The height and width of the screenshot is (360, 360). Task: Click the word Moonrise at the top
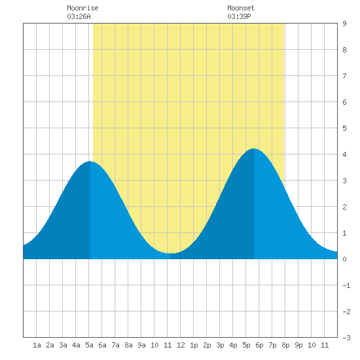click(82, 8)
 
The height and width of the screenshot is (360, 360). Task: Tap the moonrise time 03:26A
click(79, 16)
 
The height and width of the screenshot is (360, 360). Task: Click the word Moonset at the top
click(241, 8)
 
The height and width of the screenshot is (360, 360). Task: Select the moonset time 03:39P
click(239, 16)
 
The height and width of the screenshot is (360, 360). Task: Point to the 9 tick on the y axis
click(344, 24)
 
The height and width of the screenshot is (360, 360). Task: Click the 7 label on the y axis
click(344, 76)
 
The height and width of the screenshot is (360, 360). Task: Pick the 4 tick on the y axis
click(344, 154)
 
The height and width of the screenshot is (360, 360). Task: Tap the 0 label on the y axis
click(344, 259)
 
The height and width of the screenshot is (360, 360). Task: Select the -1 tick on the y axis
click(346, 285)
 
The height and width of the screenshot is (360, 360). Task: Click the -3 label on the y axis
click(346, 338)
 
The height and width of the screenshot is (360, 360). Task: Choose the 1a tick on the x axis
click(37, 345)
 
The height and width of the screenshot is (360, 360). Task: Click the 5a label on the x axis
click(89, 345)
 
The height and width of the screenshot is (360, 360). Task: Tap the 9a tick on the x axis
click(141, 345)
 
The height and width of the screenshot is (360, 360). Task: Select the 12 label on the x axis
click(181, 345)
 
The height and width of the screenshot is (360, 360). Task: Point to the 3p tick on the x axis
click(220, 345)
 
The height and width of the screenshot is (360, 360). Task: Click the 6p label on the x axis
click(259, 345)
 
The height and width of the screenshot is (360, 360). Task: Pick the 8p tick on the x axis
click(285, 345)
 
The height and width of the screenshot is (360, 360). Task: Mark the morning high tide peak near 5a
click(90, 162)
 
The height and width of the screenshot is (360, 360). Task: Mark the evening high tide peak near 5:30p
click(254, 149)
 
